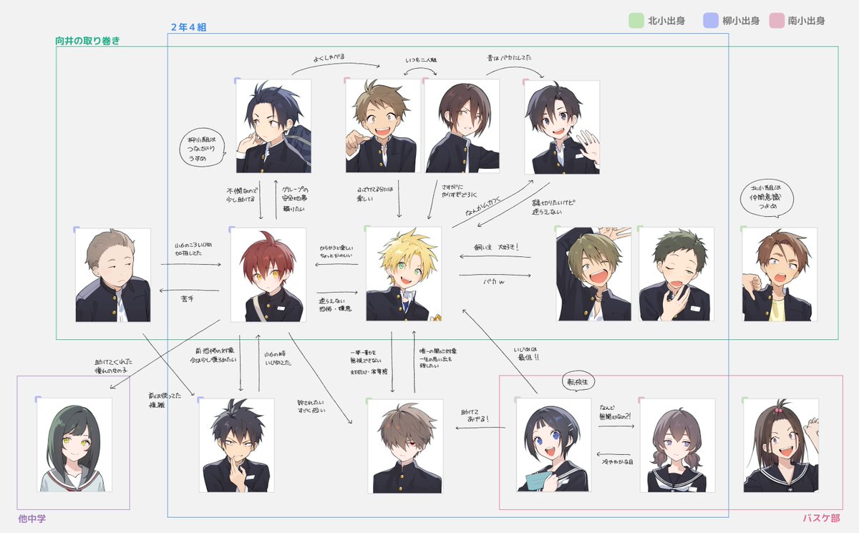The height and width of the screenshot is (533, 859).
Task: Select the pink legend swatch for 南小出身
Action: coord(776,21)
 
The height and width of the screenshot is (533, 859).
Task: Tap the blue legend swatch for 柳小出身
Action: coord(710,21)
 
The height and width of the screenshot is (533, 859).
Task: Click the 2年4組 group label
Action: coord(188,27)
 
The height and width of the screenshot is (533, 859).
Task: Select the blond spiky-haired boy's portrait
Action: coord(404,274)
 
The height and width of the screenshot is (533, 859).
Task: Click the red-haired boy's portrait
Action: coord(268,274)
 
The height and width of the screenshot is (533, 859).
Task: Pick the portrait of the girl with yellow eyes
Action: coord(74,444)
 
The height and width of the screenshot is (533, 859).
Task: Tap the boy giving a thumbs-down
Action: coord(779,274)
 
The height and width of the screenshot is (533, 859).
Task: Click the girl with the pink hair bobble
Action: coord(780,444)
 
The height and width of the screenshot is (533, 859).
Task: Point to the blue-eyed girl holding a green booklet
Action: coord(553,444)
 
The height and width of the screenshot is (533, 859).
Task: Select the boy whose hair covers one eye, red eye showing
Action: coord(405,446)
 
